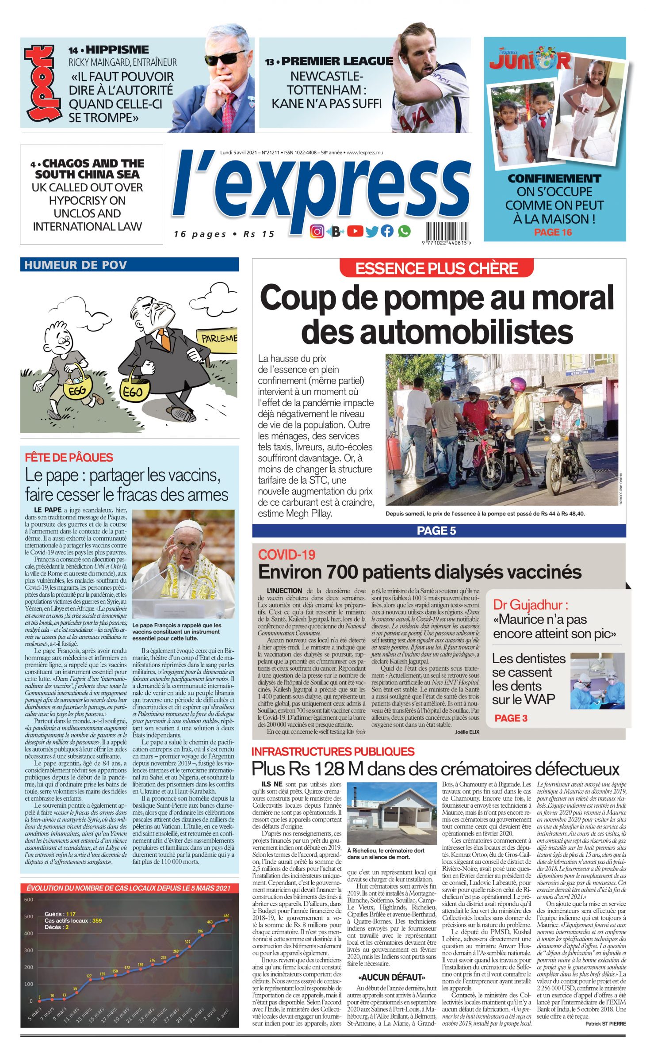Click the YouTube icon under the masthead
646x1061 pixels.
[355, 231]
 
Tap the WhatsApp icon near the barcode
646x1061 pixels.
[404, 231]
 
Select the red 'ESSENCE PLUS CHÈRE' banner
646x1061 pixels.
[436, 268]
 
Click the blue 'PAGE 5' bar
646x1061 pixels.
[436, 530]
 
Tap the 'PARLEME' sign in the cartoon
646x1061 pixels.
[219, 338]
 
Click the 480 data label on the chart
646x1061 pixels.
[226, 916]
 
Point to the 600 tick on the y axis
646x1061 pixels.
[28, 899]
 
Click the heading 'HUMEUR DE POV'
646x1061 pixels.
[76, 265]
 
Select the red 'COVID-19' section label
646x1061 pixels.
[280, 554]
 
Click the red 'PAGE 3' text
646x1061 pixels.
[511, 718]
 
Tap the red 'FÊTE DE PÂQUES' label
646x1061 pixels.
[69, 458]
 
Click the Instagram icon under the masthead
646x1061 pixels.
[317, 231]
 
